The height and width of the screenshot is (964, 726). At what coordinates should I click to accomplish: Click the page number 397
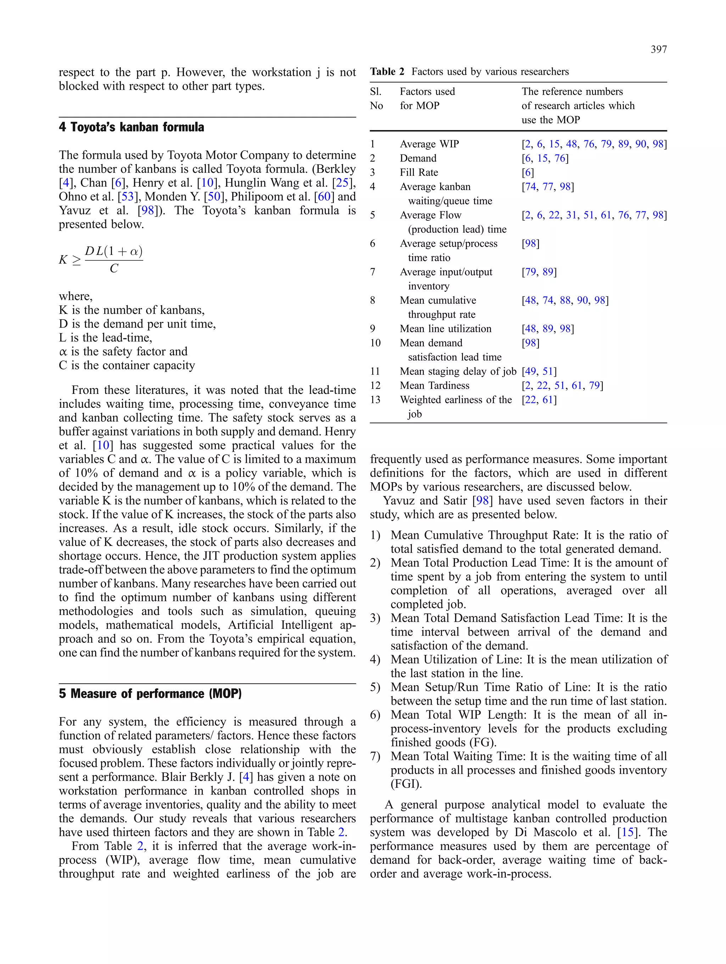click(658, 50)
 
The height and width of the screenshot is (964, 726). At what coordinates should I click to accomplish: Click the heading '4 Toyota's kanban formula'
click(131, 127)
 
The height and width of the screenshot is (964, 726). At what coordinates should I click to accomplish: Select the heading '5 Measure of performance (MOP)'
click(150, 693)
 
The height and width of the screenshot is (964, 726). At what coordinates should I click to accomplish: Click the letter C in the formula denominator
click(114, 269)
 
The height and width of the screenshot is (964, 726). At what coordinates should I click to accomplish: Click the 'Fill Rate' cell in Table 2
click(419, 173)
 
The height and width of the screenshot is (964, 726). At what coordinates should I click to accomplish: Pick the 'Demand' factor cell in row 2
click(418, 158)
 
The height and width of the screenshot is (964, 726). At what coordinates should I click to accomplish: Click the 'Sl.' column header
click(376, 91)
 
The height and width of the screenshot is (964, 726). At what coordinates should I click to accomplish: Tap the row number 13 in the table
click(375, 400)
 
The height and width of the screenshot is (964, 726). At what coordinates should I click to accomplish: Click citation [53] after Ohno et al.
click(127, 197)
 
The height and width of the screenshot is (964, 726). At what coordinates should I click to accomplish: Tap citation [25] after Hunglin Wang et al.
click(343, 182)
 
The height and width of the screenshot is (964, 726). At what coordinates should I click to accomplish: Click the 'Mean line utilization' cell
click(445, 329)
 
